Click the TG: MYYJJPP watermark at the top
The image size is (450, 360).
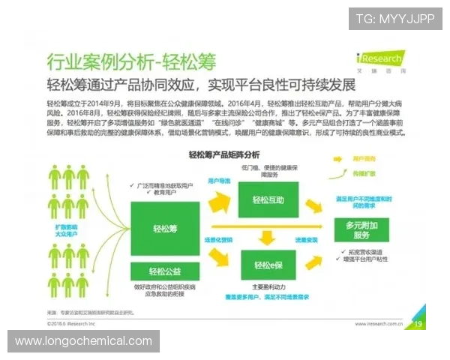395,18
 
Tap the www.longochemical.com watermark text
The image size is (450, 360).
83,341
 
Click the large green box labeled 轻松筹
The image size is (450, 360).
165,229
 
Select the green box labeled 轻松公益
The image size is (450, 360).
165,271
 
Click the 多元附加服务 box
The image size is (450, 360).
363,229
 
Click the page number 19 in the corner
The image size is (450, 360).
417,323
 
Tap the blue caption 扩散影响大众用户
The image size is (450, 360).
67,229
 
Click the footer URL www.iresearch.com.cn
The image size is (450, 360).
374,324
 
